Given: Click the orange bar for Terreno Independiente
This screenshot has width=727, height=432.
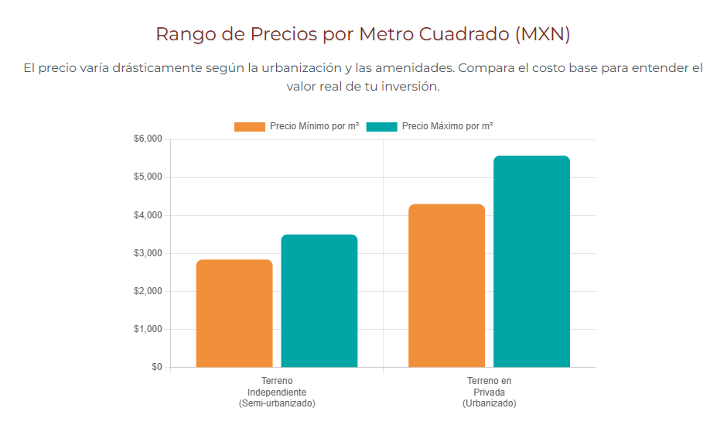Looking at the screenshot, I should (234, 314).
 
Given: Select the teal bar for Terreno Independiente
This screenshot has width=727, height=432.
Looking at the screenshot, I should (319, 301).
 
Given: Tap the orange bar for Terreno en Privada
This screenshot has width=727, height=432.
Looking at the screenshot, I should (447, 286).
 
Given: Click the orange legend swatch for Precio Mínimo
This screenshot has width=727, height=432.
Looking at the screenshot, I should (250, 126).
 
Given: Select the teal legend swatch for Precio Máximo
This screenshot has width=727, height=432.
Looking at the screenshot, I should (381, 126).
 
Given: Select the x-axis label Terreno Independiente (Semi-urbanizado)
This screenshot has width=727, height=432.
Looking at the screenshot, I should (277, 393).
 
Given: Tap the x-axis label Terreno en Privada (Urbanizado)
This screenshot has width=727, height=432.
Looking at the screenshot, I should (489, 393).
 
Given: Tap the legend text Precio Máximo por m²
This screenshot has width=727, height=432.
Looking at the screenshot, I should (448, 126).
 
